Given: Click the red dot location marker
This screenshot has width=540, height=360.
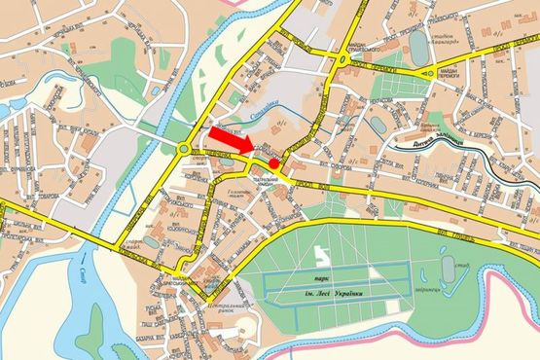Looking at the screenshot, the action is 275,164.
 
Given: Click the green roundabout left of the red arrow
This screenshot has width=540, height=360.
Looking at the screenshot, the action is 184,149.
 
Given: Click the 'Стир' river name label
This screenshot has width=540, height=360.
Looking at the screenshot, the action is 85,282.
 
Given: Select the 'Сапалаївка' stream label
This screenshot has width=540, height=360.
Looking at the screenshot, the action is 264,113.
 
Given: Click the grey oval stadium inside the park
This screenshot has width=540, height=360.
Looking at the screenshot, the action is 447,265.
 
